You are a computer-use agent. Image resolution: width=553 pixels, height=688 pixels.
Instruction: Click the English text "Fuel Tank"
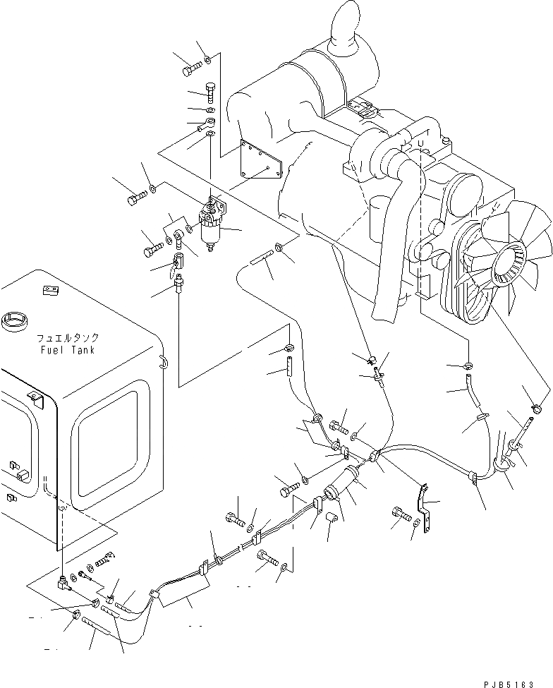(68, 349)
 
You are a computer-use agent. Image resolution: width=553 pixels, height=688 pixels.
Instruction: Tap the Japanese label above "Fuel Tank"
(67, 338)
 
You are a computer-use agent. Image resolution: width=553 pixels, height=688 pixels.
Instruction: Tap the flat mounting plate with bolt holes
(260, 163)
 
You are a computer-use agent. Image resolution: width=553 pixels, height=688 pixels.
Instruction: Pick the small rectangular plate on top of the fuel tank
(49, 289)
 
